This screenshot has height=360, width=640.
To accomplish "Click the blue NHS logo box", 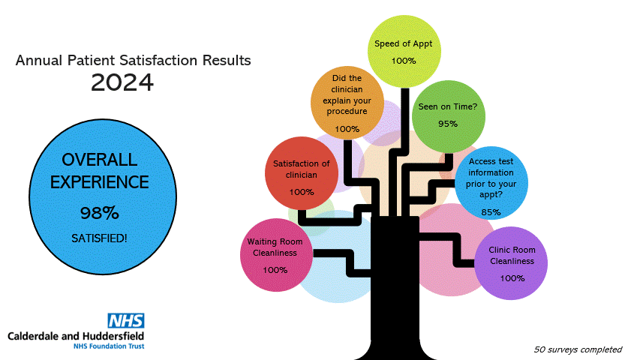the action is pos(126,321).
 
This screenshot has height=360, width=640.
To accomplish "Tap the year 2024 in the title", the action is pos(122,82).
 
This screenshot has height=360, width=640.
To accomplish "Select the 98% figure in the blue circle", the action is pos(100,213).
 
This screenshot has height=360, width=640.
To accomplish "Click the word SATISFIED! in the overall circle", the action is pos(99,238).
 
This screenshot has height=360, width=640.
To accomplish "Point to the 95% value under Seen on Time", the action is pos(448,124).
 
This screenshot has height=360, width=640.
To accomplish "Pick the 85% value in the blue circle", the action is pos(491,212).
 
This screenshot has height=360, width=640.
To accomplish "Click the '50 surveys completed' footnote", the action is pos(578,349).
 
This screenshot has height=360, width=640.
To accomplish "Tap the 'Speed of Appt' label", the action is pos(403,44).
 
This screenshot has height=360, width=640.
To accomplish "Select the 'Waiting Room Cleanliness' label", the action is pos(275,247).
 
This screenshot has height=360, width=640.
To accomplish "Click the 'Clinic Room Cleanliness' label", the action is pos(512,256).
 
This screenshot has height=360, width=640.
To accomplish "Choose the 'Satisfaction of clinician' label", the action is pos(301,169).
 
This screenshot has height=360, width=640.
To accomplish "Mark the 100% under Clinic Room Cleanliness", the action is pos(512,278).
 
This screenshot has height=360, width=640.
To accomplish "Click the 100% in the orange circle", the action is pos(347,129).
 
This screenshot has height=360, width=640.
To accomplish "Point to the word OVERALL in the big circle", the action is pos(100,160).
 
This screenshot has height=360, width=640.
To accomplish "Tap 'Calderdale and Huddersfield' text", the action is pos(76,336).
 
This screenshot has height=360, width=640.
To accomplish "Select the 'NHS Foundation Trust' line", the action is pos(109,346).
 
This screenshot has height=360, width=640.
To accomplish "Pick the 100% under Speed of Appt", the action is pos(404,61).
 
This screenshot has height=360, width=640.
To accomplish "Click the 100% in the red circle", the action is pos(302,192).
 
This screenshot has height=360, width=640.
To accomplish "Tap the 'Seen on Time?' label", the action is pos(448,106).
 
